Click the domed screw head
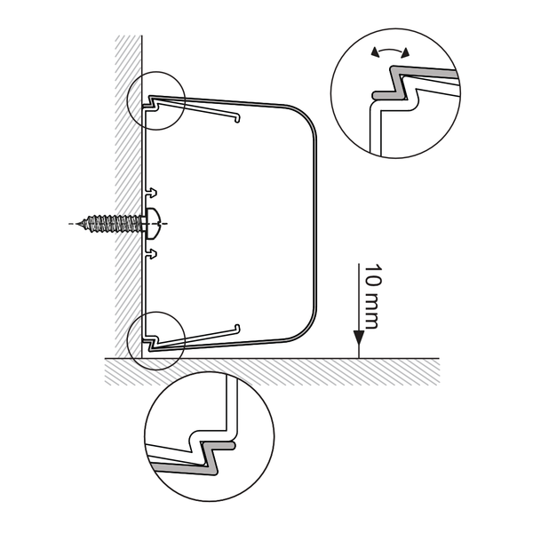(x=153, y=224)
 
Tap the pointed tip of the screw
(x=77, y=224)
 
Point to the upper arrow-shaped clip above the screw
(x=152, y=193)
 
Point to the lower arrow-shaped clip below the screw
(x=152, y=254)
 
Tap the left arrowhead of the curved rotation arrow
(x=374, y=52)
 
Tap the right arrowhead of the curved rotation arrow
(x=405, y=52)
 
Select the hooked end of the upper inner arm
(x=238, y=118)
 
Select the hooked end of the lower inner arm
(x=237, y=328)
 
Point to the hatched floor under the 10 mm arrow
(x=359, y=371)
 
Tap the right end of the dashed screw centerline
(x=167, y=224)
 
